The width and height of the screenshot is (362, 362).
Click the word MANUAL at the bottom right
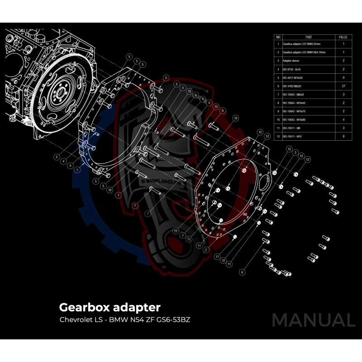tap(313, 320)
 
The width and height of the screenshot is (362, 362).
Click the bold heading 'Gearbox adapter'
tap(110, 307)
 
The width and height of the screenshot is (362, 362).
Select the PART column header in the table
tap(309, 36)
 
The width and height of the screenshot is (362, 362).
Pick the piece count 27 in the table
tap(343, 86)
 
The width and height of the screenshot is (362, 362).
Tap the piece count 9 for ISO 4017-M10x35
tap(343, 77)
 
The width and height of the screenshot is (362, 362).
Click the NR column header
tap(278, 36)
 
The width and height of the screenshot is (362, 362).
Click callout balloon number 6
tap(243, 272)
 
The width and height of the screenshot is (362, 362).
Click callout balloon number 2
tap(205, 250)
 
